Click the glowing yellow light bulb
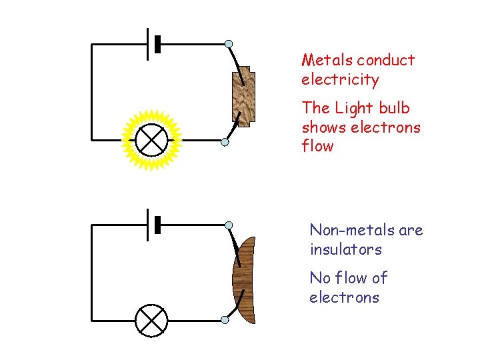point(151,141)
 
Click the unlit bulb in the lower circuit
point(151,321)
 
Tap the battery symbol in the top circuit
point(154,44)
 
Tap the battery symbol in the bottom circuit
point(154,225)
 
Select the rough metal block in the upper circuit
point(243,96)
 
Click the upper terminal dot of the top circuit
point(229,44)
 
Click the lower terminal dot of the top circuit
point(225,142)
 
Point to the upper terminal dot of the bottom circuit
point(229,225)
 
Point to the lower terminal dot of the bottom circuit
point(225,321)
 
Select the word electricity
point(340,80)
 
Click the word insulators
point(345,250)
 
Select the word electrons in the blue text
point(344,297)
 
